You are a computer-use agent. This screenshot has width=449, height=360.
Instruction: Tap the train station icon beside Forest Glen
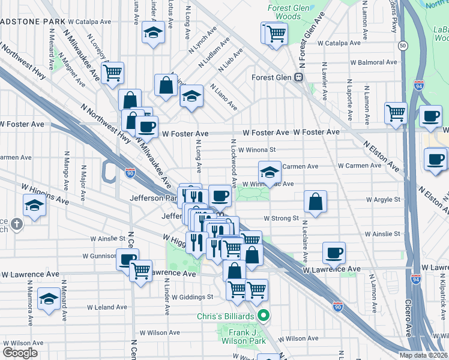[x=298, y=77]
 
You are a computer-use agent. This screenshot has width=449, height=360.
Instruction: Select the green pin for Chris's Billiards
[x=263, y=314]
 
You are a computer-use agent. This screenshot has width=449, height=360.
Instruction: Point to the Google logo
[x=20, y=353]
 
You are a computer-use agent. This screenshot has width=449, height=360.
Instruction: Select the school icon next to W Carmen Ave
[x=270, y=171]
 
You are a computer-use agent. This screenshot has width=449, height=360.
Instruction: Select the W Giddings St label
[x=192, y=296]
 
